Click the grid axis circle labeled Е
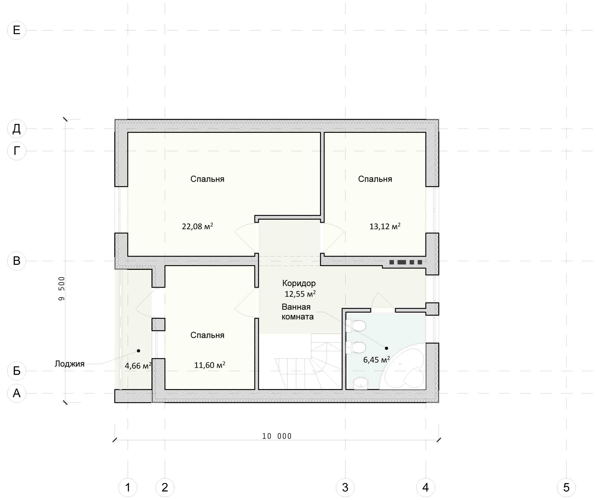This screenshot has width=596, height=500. [17, 30]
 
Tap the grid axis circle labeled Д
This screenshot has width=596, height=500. [17, 129]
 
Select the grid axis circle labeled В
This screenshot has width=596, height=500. [17, 261]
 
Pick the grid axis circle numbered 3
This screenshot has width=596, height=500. [345, 487]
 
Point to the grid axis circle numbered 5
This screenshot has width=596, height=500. [566, 487]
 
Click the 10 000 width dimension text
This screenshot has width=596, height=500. [277, 436]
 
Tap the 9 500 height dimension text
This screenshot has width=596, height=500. [62, 289]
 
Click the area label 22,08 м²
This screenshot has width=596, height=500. [198, 226]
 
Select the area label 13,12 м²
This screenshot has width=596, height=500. [385, 226]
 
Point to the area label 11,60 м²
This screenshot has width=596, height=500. [210, 365]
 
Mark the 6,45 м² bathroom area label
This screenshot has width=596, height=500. [377, 360]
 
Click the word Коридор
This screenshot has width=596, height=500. [299, 283]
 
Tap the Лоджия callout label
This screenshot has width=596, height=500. [70, 364]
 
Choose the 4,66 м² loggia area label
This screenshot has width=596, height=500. [138, 366]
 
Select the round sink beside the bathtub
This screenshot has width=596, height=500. [361, 383]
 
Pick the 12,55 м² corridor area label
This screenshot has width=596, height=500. [300, 294]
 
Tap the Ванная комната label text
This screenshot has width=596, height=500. [297, 312]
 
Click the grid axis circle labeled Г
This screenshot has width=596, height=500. [17, 151]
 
